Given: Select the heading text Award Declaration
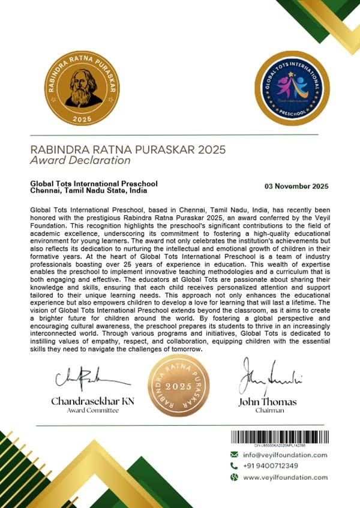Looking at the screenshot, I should point(80,161).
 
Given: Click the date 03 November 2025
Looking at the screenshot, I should point(296,186).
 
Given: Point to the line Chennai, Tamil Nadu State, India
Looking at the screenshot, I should point(88,191).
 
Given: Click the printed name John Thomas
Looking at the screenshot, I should point(268,401).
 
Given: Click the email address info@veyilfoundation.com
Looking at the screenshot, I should point(285,455).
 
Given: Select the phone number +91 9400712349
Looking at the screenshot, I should point(271,466).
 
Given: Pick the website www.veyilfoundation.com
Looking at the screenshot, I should point(285,477).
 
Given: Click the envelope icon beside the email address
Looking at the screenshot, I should point(235,455).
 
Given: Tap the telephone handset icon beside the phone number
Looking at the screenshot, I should point(235,466).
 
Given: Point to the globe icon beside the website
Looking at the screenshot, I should point(235,477).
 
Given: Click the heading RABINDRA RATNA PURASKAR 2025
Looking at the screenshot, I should point(124,149).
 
